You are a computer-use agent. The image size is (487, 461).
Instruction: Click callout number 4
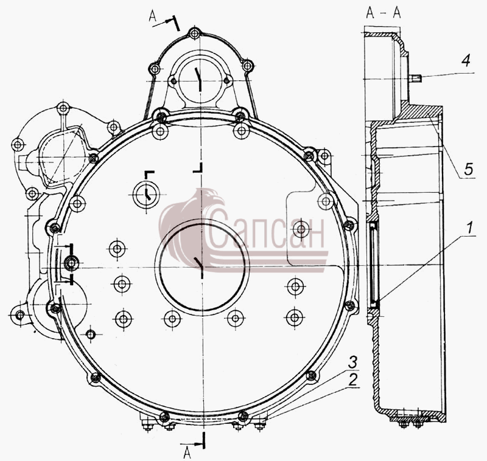point(466,60)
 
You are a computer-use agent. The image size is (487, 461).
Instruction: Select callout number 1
point(469,227)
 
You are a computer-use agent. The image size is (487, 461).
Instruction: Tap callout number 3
point(352,362)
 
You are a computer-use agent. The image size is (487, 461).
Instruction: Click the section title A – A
point(384,13)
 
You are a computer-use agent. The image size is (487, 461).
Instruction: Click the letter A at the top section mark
point(153,16)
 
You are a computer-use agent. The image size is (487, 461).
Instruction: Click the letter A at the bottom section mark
point(187,452)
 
